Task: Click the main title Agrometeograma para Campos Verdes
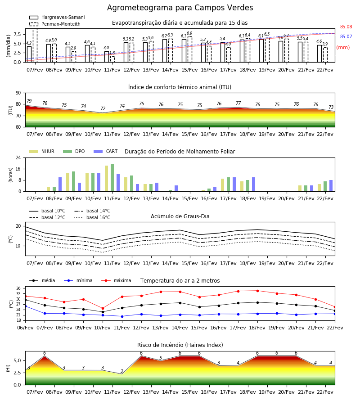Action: coord(180,8)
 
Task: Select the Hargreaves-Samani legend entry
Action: coord(57,17)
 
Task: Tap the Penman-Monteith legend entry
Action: coord(55,24)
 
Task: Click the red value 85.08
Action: coord(346,27)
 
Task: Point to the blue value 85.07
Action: coord(346,36)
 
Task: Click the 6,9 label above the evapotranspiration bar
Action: coord(189,33)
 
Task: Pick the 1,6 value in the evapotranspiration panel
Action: coord(112,53)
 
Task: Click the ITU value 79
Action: coord(29,101)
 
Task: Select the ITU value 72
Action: coord(103,108)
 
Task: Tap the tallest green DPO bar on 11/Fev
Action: coord(112,178)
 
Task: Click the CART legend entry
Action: coord(106,151)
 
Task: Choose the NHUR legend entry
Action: coord(42,151)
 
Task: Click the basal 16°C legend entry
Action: coord(92,217)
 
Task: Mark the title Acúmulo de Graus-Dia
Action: coord(180,216)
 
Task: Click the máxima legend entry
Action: coord(117,280)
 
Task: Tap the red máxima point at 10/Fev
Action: coord(103,308)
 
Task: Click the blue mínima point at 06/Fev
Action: coord(25,306)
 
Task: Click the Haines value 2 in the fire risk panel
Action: coord(122,371)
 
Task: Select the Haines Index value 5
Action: coord(161,358)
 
